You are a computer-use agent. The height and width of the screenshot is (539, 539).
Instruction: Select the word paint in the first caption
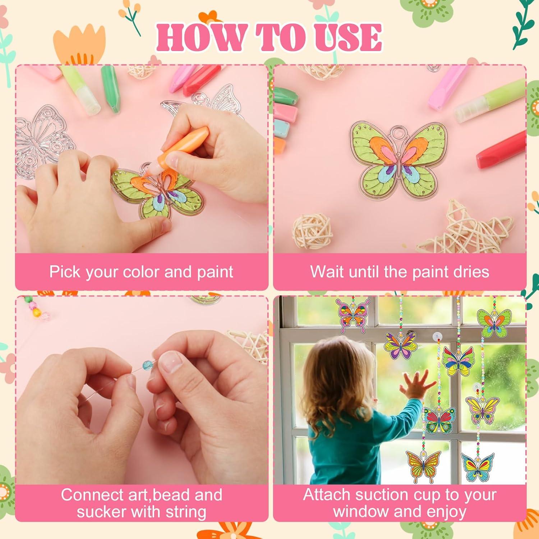tap(215, 272)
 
